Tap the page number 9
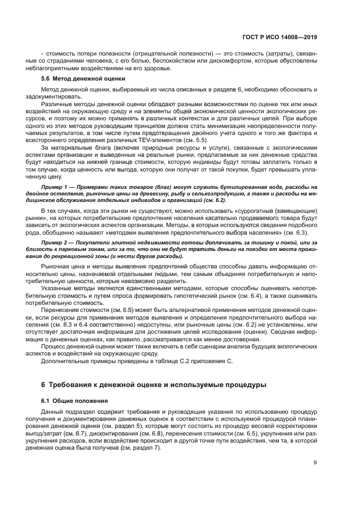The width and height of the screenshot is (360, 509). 315,463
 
